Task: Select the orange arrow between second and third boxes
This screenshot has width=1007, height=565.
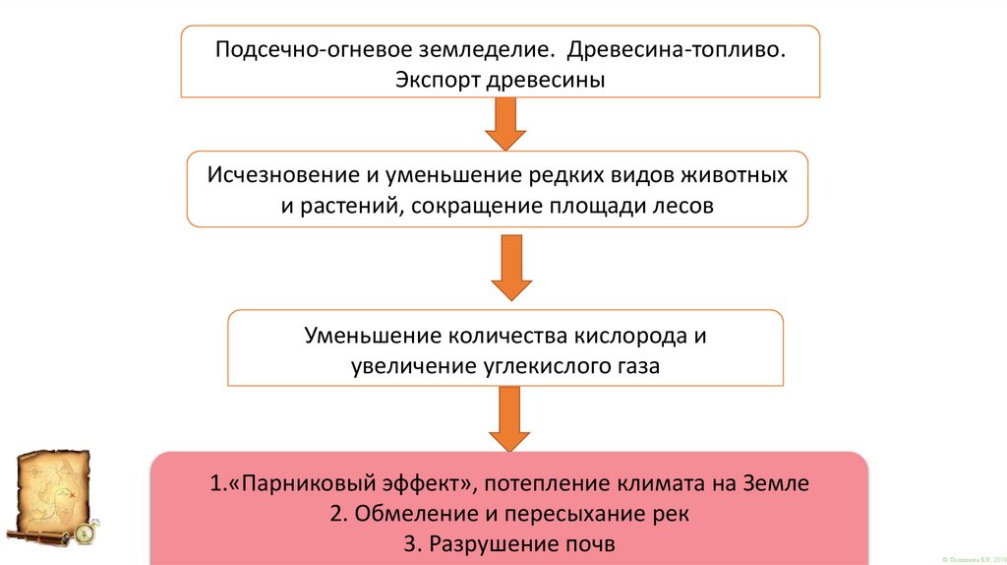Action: pos(510,267)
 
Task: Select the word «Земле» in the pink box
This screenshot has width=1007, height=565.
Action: pos(777,484)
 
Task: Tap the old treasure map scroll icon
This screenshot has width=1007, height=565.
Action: pos(55,494)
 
